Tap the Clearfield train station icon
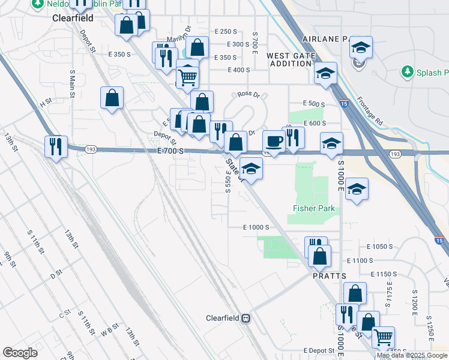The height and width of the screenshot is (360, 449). coord(246,318)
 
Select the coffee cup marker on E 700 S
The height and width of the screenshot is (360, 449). coord(274,142)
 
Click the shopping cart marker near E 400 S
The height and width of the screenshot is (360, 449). coord(187,76)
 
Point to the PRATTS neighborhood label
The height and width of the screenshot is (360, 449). coord(330,275)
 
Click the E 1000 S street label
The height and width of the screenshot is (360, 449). coord(256,227)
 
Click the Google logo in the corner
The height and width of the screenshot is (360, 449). coord(20,353)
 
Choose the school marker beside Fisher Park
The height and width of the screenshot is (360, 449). coord(357,190)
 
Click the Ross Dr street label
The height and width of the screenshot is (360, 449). coord(248,94)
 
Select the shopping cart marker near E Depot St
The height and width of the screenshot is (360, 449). coord(382,337)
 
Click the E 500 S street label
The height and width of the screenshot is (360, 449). coord(314,104)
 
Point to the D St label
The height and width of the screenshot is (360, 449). coord(56,275)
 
